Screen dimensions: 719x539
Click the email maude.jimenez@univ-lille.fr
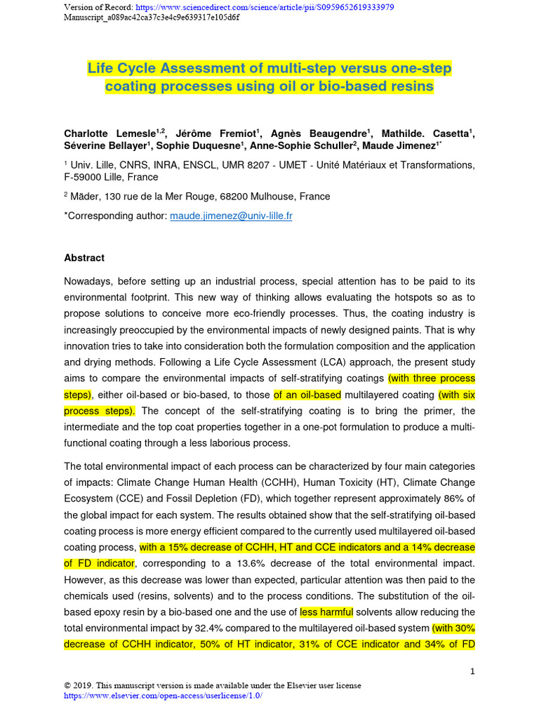point(231,216)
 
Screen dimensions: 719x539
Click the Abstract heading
point(84,258)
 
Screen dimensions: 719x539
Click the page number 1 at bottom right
point(473,671)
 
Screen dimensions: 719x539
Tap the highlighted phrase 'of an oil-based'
point(307,395)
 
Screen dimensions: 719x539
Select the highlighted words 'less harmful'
point(326,612)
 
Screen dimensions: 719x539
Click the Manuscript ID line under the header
point(151,18)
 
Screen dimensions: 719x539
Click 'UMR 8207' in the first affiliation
point(257,165)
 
